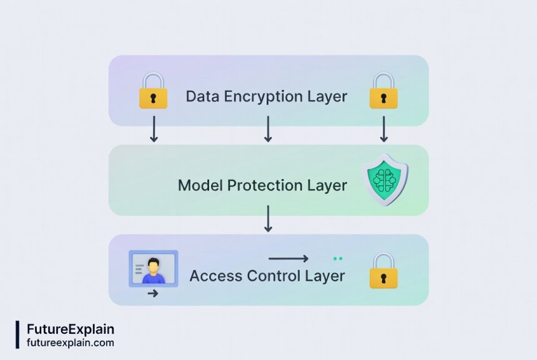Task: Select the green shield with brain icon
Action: [x=385, y=180]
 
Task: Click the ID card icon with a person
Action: [x=153, y=269]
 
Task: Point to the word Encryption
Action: [x=264, y=97]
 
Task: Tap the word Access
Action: [x=212, y=275]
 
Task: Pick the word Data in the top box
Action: [x=200, y=97]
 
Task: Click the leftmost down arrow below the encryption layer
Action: [x=153, y=129]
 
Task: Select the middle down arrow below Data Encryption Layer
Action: [x=268, y=129]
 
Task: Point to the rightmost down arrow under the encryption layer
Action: [x=383, y=129]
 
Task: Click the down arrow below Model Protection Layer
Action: [x=268, y=218]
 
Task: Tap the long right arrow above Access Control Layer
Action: [x=288, y=258]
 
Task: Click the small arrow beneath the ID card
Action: [x=152, y=293]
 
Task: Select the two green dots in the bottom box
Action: [x=338, y=258]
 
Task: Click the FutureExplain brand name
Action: [x=71, y=329]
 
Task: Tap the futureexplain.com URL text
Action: [x=71, y=343]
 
